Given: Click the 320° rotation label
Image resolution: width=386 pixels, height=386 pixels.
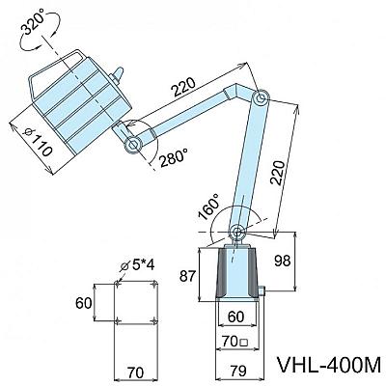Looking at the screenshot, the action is click(x=34, y=24).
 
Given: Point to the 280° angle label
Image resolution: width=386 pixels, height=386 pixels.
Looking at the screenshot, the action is click(x=174, y=157).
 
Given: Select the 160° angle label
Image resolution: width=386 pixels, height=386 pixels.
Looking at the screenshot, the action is click(x=209, y=207).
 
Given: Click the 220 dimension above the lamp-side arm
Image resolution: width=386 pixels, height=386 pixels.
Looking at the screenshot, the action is click(x=182, y=87).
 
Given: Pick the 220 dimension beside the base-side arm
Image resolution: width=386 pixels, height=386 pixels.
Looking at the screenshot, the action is click(x=277, y=172).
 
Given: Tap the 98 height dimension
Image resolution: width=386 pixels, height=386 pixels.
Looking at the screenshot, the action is click(x=283, y=261).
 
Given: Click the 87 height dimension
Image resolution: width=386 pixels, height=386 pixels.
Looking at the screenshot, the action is click(x=187, y=276).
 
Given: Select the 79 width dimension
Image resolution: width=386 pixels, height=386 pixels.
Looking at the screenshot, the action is click(x=238, y=371).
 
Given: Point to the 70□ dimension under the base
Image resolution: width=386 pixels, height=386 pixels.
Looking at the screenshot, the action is click(x=235, y=342).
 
